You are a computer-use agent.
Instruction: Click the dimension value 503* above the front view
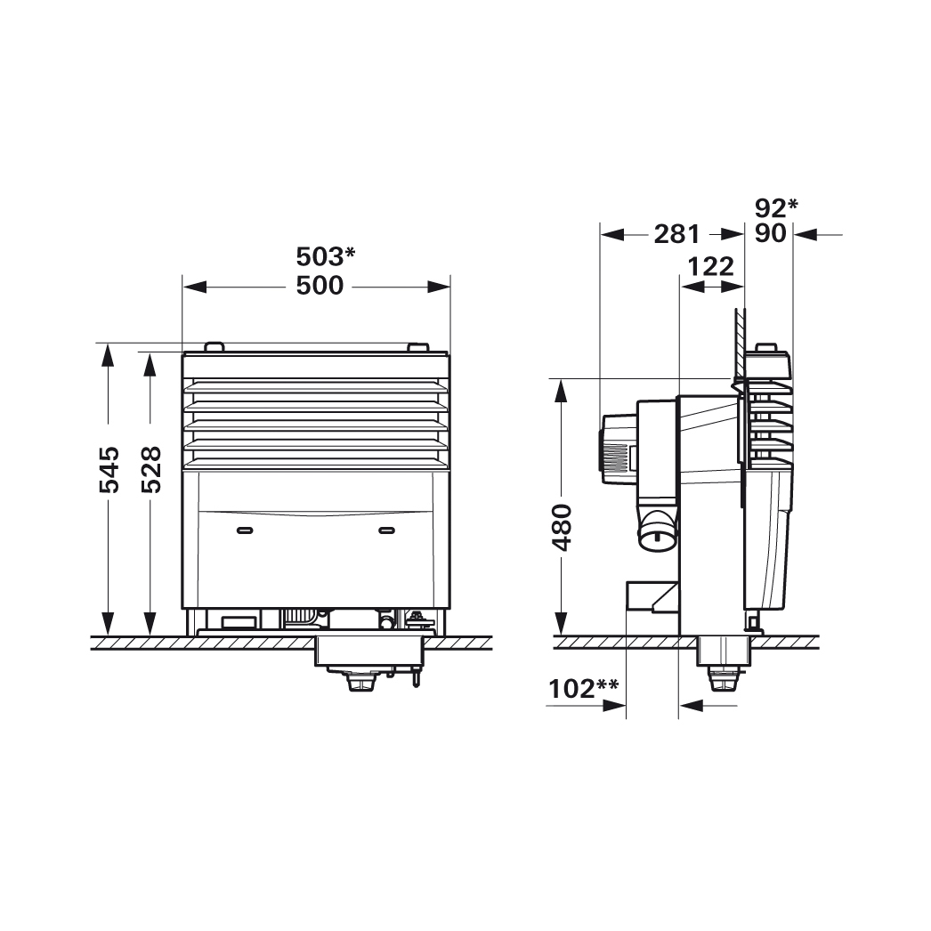[x=325, y=256]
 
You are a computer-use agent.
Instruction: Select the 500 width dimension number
[x=320, y=286]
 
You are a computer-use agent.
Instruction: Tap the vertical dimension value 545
[x=109, y=469]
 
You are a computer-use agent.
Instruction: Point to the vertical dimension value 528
[x=151, y=469]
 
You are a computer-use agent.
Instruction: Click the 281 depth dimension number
[x=676, y=234]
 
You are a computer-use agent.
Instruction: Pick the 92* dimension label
[x=775, y=207]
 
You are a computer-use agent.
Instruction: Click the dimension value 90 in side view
[x=770, y=234]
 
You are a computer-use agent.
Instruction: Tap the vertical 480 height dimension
[x=562, y=527]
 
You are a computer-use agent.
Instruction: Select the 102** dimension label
[x=582, y=688]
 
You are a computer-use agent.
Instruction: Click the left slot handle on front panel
[x=245, y=530]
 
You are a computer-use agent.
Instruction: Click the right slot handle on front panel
[x=386, y=530]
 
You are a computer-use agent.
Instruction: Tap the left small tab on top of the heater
[x=214, y=347]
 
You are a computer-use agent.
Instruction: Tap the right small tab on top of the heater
[x=417, y=347]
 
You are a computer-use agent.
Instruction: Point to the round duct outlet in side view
[x=656, y=534]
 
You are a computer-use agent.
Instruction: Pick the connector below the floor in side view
[x=719, y=682]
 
